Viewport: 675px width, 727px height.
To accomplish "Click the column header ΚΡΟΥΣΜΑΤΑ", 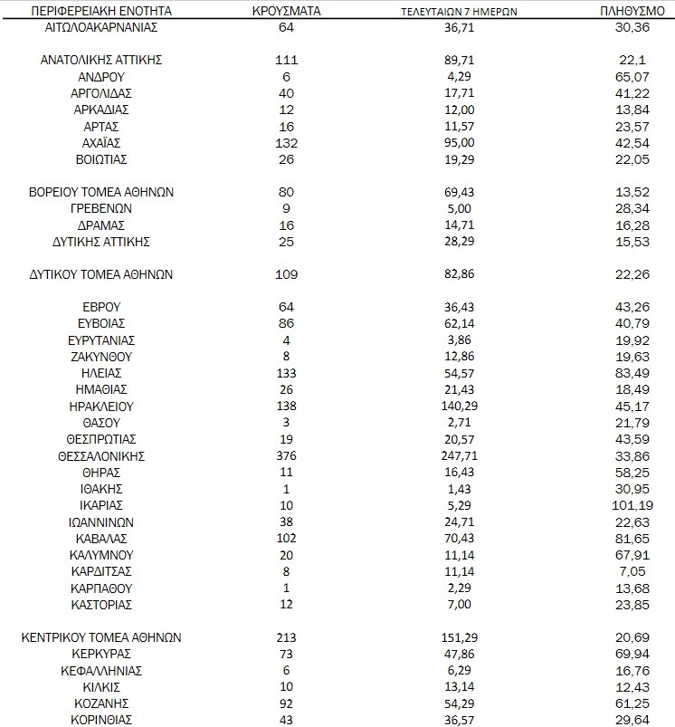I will (x=287, y=11).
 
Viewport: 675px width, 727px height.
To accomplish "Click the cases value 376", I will (x=287, y=455).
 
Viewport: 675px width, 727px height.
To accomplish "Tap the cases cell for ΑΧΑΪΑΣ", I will (x=287, y=143).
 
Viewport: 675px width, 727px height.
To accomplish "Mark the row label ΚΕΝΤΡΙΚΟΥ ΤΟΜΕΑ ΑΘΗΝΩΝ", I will (x=101, y=637).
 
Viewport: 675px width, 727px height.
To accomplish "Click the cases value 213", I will (x=287, y=637).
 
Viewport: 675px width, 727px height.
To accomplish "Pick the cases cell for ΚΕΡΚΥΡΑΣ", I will (x=287, y=654).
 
